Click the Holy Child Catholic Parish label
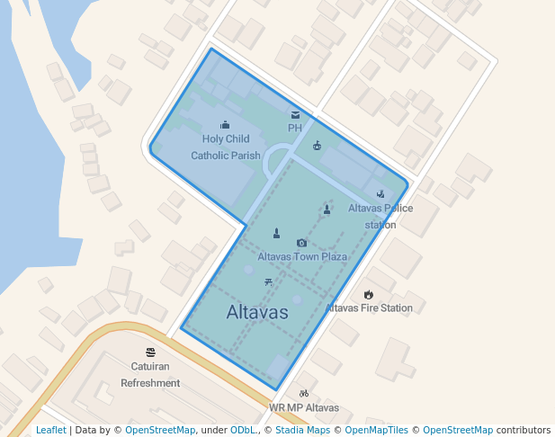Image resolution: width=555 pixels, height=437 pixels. pos(226,147)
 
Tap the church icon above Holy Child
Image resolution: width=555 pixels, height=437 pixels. pos(225,125)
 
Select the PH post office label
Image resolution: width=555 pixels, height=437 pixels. pos(295,128)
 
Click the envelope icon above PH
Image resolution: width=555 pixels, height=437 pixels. pos(295,115)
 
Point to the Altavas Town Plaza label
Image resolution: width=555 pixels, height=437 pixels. pos(302,256)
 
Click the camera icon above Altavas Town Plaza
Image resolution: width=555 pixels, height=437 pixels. pos(301,243)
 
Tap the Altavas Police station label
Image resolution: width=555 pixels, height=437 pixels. pos(380,216)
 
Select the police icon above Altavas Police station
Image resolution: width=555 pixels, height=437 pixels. pos(380,193)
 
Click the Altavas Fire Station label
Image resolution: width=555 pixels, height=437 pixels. pos(369,308)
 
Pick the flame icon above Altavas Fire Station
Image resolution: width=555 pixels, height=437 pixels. pos(369,294)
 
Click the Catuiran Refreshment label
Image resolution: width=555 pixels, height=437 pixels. pos(150,375)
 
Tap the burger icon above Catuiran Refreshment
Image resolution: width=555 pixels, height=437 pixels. pos(150,352)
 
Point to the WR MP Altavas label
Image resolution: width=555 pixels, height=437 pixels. pos(304,407)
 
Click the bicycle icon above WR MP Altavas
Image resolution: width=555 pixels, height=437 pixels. pos(304,393)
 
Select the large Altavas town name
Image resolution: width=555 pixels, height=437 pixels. pos(257,313)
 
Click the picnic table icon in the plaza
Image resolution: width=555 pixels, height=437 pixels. pos(269,282)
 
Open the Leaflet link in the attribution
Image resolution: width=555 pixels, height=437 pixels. pos(50,430)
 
